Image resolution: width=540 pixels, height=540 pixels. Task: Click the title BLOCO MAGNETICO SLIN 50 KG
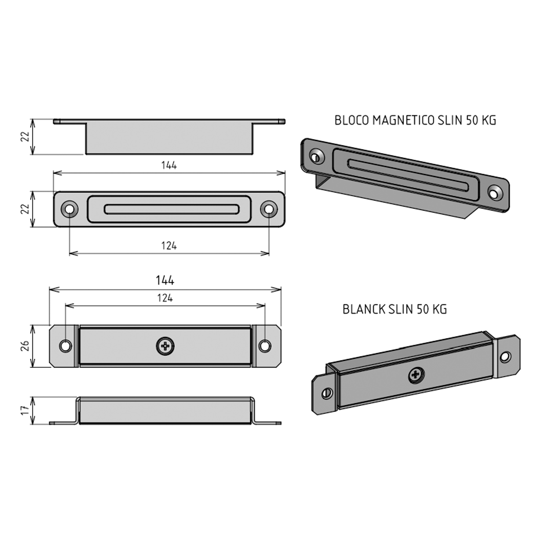[415, 120]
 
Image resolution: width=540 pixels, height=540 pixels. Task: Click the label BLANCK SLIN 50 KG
[395, 309]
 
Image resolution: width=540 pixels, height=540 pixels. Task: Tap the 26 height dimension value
[25, 346]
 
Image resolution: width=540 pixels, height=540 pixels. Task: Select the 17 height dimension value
[25, 410]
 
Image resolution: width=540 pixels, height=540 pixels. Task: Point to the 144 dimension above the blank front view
[165, 280]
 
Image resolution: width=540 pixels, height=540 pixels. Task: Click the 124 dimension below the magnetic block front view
[169, 246]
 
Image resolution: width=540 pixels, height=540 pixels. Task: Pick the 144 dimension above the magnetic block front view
[169, 165]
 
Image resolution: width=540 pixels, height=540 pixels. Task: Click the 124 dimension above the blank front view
[165, 298]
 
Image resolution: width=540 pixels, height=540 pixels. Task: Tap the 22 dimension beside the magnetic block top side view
[25, 136]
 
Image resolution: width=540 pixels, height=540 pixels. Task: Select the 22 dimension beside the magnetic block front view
[25, 209]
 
